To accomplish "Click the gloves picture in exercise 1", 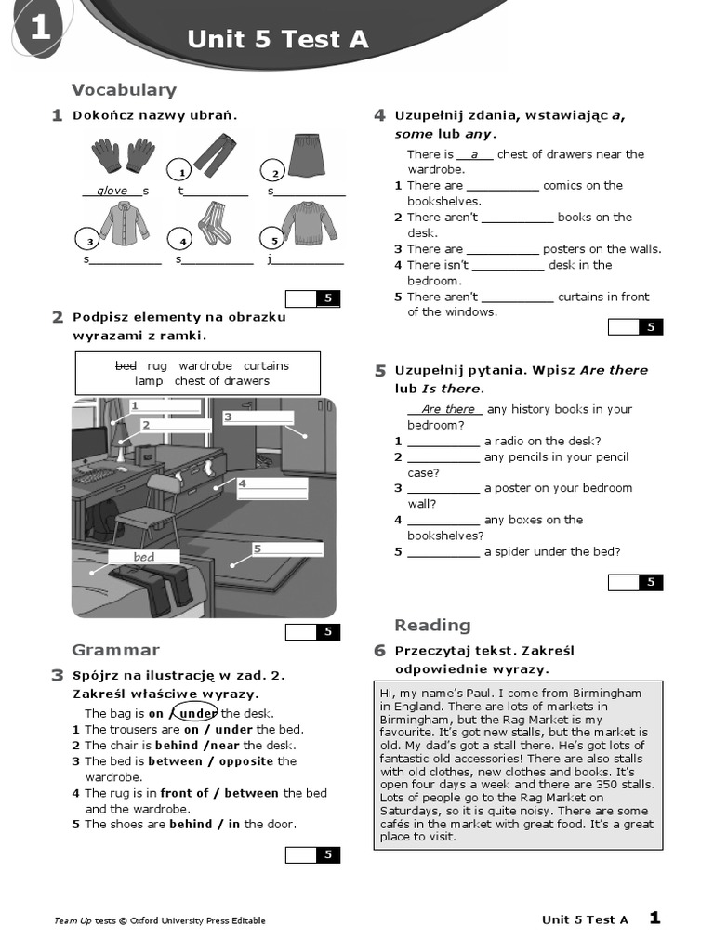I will coord(123,154).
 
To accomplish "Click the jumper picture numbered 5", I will coord(308,223).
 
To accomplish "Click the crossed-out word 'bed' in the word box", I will coord(126,365).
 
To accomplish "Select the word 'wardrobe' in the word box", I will coord(205,365).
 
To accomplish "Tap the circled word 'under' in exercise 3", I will coord(197,713).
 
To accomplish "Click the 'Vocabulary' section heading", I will coord(124,90).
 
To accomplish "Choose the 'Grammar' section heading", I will coord(115,650).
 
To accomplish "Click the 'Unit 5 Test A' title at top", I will coord(278,39).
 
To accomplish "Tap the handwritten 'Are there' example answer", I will coord(447,409).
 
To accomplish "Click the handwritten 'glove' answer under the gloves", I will coord(112,191).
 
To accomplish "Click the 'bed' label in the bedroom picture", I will coord(144,557).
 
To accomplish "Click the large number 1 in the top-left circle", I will coord(39,30).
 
